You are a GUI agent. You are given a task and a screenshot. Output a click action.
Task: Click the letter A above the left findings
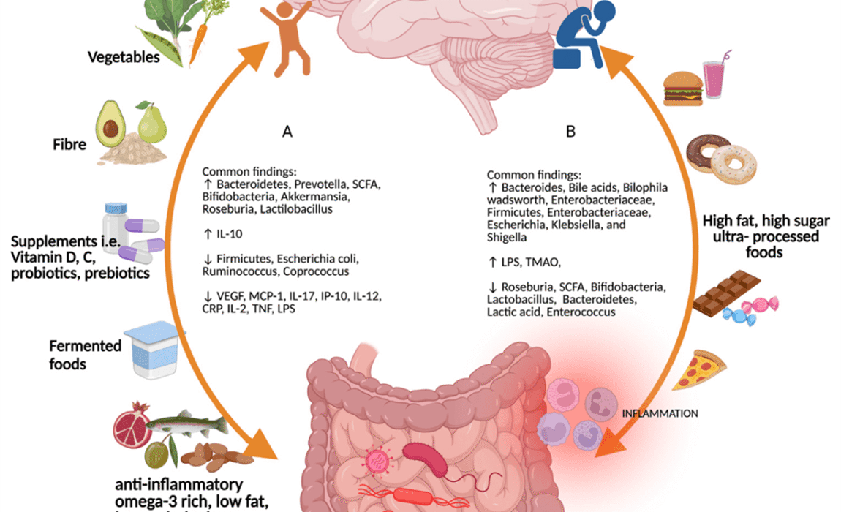[287, 132]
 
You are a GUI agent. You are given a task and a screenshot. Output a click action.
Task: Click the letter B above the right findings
[570, 132]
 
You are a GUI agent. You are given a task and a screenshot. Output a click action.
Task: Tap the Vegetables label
[124, 56]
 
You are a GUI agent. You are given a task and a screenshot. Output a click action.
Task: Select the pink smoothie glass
[714, 78]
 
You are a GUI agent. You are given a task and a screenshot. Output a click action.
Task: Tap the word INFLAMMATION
[659, 414]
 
